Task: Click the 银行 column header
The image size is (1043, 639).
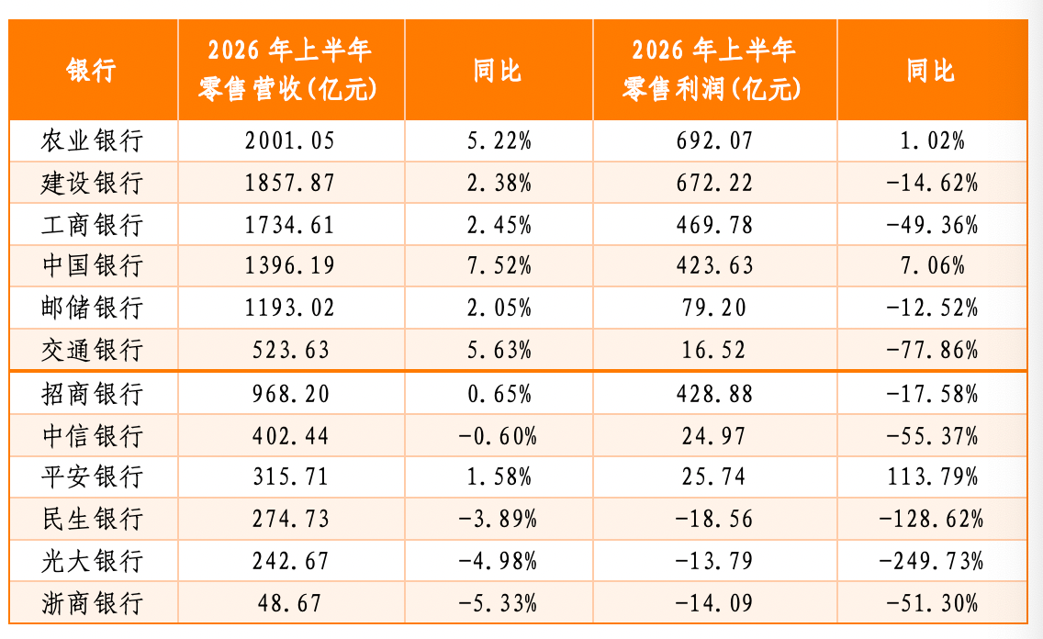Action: pos(92,70)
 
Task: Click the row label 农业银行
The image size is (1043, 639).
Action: pos(92,141)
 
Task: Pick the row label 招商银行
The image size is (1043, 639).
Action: pos(92,394)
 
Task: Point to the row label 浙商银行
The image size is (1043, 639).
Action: pos(92,604)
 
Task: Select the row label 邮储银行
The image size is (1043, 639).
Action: pos(92,308)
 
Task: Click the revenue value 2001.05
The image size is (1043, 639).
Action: pos(289,141)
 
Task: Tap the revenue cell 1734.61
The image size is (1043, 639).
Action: pos(289,226)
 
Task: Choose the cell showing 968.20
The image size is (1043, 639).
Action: pos(290,394)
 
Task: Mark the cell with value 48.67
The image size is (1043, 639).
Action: pos(289,604)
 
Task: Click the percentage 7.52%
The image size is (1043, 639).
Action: pos(499,266)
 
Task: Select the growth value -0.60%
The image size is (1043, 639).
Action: pos(498,436)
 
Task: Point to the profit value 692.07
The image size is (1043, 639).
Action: pos(714,141)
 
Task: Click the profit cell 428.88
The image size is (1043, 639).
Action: pos(714,394)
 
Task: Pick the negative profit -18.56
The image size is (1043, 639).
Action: pos(713,519)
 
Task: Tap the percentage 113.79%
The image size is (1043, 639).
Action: pos(932,476)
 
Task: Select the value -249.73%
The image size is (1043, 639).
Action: pos(931,561)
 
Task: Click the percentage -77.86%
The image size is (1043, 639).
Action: pos(932,350)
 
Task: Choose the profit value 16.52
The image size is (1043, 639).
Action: pos(713,350)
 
